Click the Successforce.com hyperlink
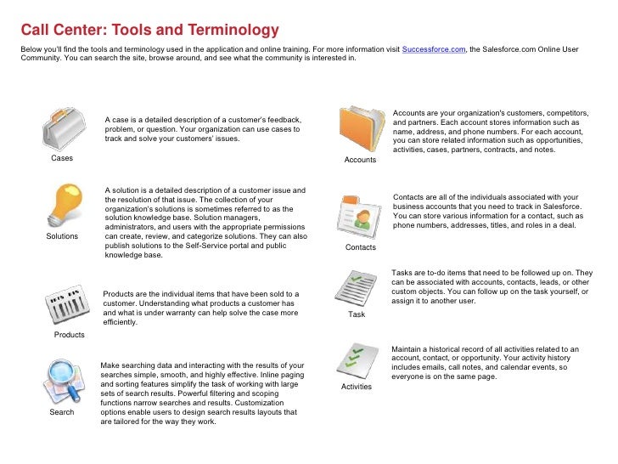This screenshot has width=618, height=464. click(x=433, y=50)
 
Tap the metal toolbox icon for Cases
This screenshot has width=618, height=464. click(x=62, y=130)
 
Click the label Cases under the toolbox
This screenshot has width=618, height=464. click(x=62, y=159)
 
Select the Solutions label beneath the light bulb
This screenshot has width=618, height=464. click(x=62, y=237)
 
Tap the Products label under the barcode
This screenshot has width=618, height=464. click(x=70, y=335)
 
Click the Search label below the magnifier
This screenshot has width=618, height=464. click(x=62, y=412)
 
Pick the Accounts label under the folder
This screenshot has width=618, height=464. click(x=360, y=160)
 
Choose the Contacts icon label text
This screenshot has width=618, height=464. click(x=361, y=247)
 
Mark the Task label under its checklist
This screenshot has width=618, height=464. click(x=357, y=314)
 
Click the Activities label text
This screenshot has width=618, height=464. click(x=357, y=387)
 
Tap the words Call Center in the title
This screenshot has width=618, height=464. click(x=60, y=31)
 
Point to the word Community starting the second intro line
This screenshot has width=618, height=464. click(x=41, y=59)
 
